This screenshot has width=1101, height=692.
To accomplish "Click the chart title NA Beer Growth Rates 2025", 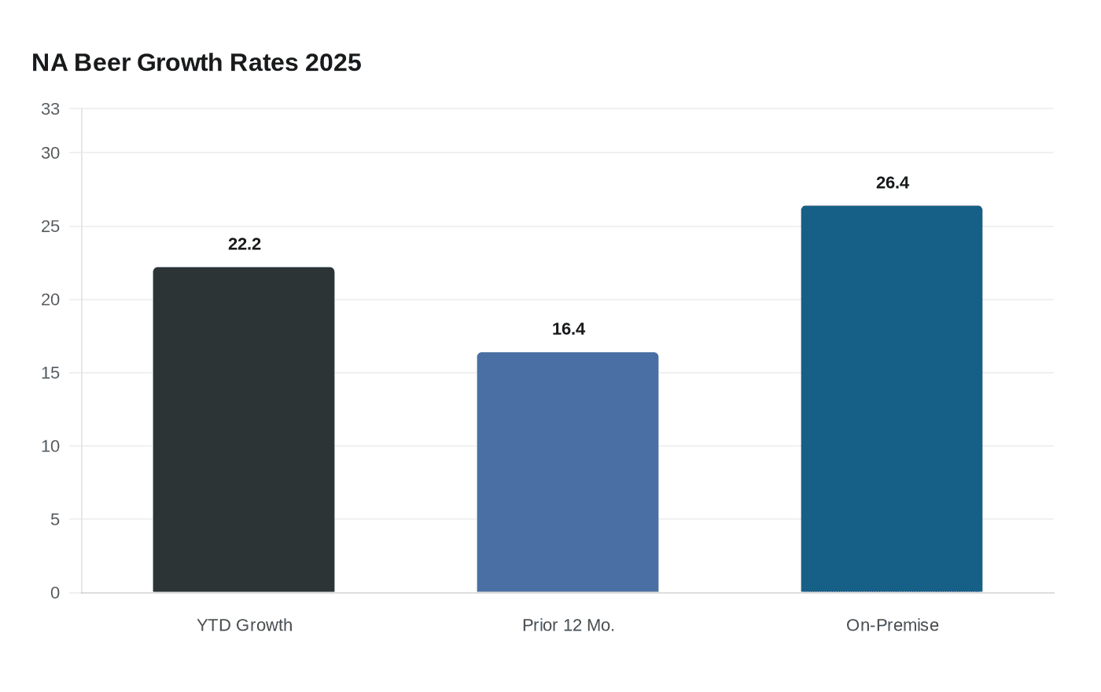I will coord(197,63).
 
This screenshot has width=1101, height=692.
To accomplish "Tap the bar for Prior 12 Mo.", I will coord(568,472).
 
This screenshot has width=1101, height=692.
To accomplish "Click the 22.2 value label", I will coord(245,245).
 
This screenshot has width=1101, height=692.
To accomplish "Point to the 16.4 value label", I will coord(569,329).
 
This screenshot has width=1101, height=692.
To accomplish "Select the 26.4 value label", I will coord(893,183).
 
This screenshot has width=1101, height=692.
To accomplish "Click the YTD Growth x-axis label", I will coord(245,625).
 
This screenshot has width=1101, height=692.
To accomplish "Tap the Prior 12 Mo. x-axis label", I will coord(569,625).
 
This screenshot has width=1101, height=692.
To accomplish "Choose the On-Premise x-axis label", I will coord(893,625).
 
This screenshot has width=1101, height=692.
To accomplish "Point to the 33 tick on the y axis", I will coord(50,109).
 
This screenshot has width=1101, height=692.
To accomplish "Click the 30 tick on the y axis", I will coord(50,153).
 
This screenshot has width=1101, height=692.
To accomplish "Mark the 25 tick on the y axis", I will coord(50,226).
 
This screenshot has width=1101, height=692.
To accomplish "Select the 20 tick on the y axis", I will coord(50,300).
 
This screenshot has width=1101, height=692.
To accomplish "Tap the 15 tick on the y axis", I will coord(50,373).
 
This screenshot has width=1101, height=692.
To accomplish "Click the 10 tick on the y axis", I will coord(50,446).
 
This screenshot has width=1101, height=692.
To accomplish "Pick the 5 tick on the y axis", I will coord(55,519).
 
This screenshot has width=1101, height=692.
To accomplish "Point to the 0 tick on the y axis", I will coord(55,593).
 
